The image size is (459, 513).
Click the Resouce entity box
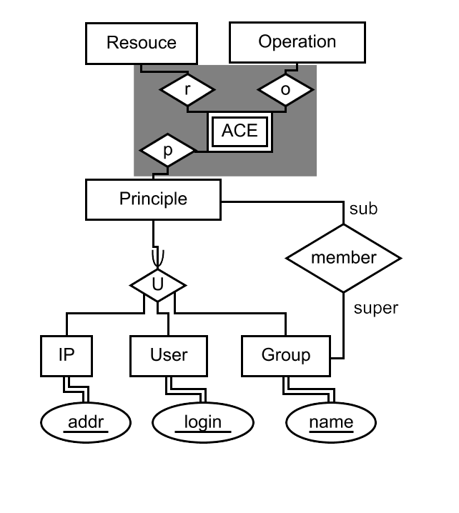(x=141, y=43)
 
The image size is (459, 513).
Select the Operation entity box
(x=297, y=42)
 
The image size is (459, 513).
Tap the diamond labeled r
(x=187, y=90)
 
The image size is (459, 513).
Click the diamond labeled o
(x=285, y=90)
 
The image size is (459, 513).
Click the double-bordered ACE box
(x=240, y=131)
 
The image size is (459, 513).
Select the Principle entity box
(x=153, y=199)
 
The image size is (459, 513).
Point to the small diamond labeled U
(x=158, y=285)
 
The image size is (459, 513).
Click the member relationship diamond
(x=343, y=258)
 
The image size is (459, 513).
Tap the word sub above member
(x=362, y=209)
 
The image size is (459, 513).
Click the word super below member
(x=376, y=308)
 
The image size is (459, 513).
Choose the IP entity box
(x=66, y=355)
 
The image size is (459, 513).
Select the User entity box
(x=169, y=355)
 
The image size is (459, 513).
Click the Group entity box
(x=285, y=355)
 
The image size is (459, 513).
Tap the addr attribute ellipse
(x=86, y=422)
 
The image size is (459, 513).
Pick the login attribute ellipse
(x=202, y=422)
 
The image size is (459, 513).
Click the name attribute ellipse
(x=330, y=422)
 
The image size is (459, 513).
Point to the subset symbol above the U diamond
(x=158, y=256)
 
